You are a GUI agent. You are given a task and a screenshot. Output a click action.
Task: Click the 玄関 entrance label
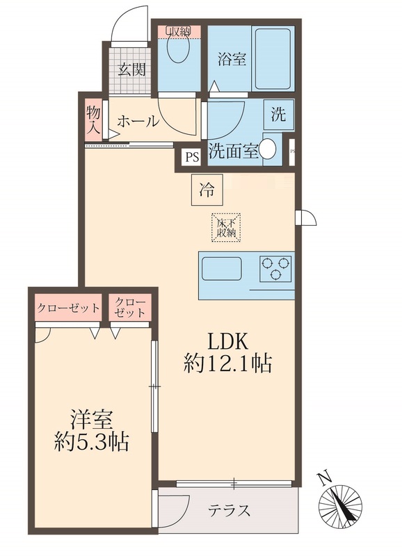coord(130,69)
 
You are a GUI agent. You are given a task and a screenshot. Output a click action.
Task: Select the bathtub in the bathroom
coord(272,58)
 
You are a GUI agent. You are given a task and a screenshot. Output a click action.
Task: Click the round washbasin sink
coord(269,148)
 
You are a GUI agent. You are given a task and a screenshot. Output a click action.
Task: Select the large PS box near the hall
coord(191,157)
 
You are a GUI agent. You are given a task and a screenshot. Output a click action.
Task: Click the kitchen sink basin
coord(221,268)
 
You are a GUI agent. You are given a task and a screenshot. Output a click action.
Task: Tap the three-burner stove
coord(275,268)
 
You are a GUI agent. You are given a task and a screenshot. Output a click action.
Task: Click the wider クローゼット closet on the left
coord(67,308)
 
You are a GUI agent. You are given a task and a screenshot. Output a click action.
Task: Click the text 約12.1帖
coord(227,363)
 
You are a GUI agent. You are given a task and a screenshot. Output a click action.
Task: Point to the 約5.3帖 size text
coord(92,442)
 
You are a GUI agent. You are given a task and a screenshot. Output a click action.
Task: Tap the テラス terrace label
coord(229,511)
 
